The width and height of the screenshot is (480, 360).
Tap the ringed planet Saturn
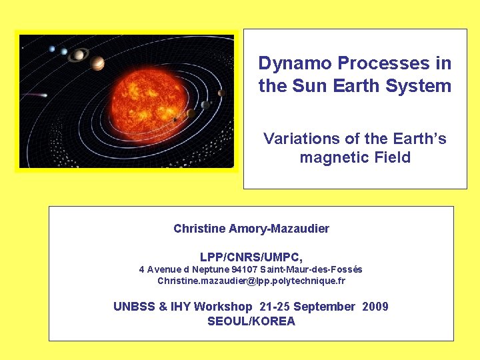coord(79,54)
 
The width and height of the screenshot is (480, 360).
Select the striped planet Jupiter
coord(98,63)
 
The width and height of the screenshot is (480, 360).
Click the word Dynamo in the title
coord(295,63)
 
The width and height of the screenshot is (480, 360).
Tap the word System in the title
coord(423,86)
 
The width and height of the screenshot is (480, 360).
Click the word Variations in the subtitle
coord(301,139)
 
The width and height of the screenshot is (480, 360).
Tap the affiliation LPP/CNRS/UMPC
coord(251,257)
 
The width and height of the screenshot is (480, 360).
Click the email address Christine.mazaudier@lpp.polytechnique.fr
coord(251,281)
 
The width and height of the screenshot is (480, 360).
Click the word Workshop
coord(224,307)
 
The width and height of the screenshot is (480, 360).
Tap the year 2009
coord(375,307)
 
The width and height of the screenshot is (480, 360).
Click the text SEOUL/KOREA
coord(251,321)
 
